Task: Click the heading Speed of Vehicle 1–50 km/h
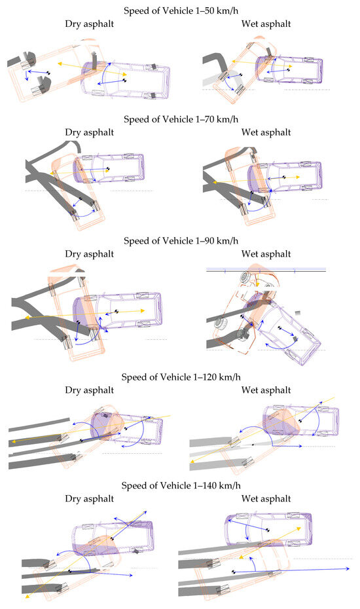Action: [x=181, y=10]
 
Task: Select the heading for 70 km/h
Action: [x=181, y=119]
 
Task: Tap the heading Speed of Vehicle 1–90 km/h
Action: [x=181, y=241]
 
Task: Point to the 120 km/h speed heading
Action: [x=181, y=377]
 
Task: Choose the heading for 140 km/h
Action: [x=181, y=485]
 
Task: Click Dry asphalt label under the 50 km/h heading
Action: [x=89, y=24]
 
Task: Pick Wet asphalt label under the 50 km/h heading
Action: [x=266, y=24]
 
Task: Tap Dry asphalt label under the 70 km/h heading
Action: [x=89, y=132]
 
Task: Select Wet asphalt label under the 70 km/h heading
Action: [x=266, y=132]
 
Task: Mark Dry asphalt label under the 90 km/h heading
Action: [x=89, y=254]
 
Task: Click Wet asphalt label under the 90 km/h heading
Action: [x=266, y=254]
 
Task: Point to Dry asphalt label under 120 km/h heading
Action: [x=89, y=390]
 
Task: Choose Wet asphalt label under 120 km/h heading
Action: [x=266, y=390]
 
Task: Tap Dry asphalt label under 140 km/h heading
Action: [x=89, y=499]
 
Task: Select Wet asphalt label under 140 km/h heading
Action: [x=266, y=499]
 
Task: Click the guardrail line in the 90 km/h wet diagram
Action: [x=266, y=270]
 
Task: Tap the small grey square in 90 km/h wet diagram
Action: [x=298, y=312]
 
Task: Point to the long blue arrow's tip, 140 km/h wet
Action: [x=349, y=568]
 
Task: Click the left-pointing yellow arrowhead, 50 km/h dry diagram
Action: [x=60, y=62]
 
